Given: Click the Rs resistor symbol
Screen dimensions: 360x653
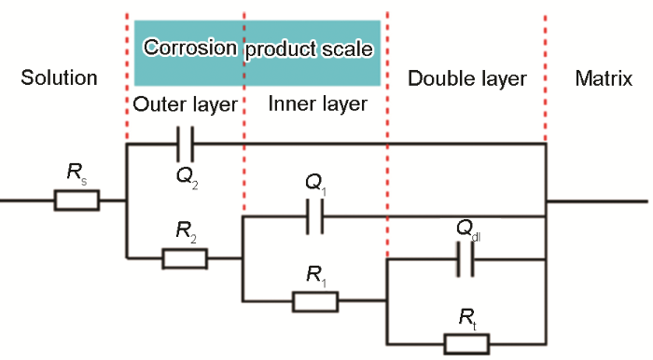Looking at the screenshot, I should point(76,201).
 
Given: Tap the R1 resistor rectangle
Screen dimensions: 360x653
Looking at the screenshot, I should point(314,301).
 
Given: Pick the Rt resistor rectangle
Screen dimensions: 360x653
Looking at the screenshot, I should point(465,343).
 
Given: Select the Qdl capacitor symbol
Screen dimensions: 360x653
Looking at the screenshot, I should point(464,261).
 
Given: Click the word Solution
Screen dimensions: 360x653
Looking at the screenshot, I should point(59,78).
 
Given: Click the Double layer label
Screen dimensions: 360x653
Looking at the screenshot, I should point(467,78).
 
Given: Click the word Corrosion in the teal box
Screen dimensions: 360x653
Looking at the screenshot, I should point(190,48).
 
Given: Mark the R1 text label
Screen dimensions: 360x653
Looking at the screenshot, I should point(315,274).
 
